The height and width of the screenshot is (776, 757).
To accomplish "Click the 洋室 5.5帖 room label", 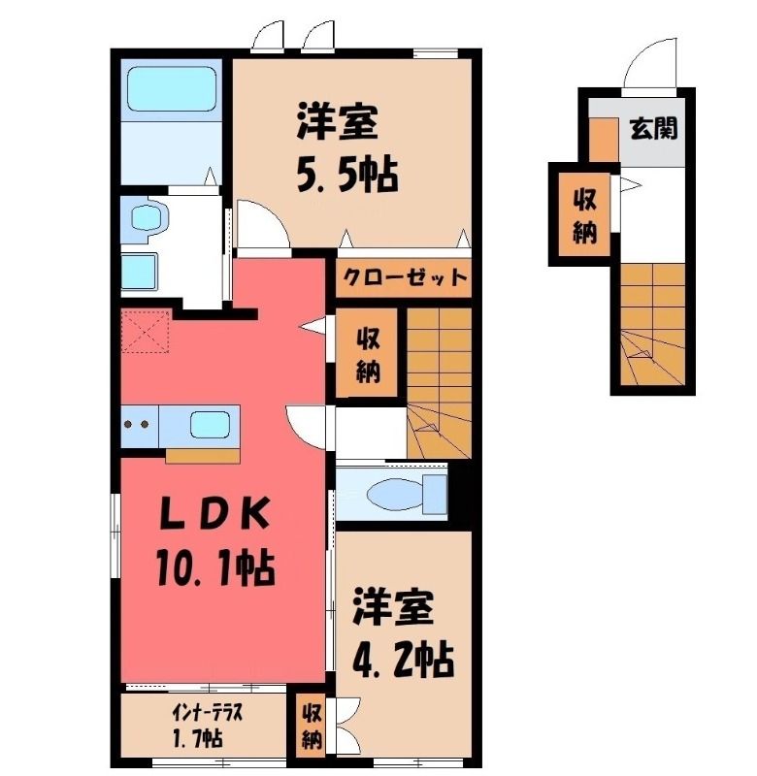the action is coord(347,147).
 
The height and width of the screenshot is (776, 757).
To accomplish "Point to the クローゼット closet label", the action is coord(405,277).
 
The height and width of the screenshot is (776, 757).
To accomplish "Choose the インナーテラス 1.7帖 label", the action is coord(207,726).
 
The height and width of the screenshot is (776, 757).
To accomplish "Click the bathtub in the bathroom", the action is coord(172,89).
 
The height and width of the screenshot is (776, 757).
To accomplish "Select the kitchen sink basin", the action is coord(211,425).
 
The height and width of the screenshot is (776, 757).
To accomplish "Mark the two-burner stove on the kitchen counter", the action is coord(139,425).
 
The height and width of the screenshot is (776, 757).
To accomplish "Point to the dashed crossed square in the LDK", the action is coord(146,331).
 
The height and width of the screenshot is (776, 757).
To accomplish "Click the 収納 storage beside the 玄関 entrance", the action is coord(584,214).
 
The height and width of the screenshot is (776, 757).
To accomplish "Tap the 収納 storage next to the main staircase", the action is coord(367,353).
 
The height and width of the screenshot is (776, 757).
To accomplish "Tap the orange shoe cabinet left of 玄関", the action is coord(604,140).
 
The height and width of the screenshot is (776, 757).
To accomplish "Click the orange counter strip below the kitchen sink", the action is coord(203,456).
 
